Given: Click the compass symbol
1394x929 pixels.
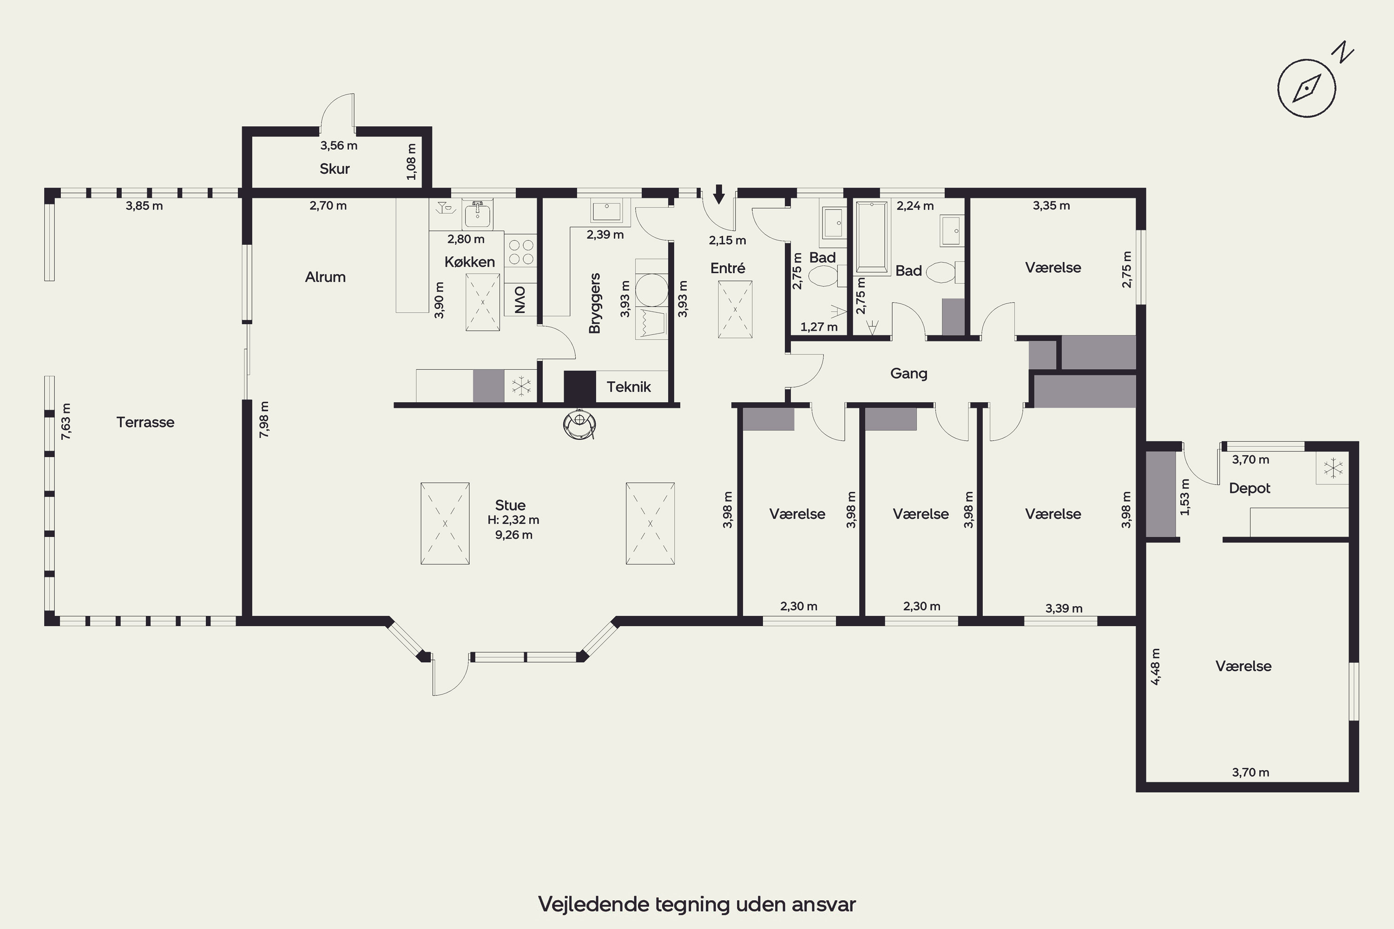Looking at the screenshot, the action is coord(1306,88).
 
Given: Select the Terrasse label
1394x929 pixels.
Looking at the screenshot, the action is coord(145,422).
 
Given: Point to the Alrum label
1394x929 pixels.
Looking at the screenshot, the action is coord(325,277).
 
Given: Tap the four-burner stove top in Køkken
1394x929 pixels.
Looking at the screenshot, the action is coord(520,252).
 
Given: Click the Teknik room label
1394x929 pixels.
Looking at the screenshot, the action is coord(628,387).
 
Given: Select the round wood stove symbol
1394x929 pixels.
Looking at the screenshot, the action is coord(579,424).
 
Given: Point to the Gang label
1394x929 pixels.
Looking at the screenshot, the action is coord(908,374).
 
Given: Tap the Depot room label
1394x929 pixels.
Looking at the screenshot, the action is coord(1249,488).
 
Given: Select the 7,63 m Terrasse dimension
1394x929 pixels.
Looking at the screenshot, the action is coord(66,421).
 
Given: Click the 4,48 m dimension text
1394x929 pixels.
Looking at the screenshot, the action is coord(1155,667).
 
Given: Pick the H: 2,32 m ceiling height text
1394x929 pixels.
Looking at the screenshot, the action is coord(513,520).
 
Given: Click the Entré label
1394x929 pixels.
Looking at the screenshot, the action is coord(727,268).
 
